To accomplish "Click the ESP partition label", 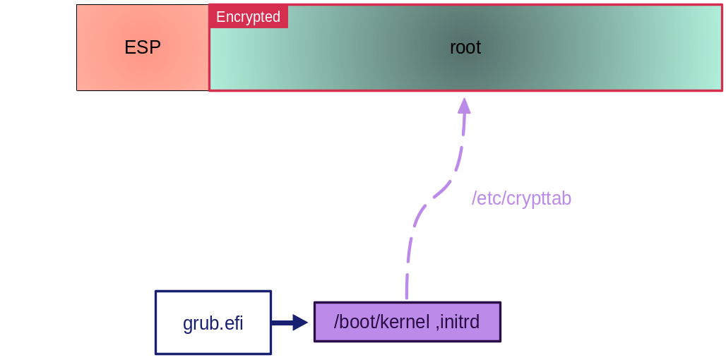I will pos(143,48).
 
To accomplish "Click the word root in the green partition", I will pos(465,48).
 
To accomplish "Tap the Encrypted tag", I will pos(248,17).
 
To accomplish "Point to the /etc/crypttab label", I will pos(521,199).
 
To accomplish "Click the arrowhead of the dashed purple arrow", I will pos(464,106).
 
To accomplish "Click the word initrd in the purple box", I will pos(460,323).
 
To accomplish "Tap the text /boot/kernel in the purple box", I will pos(381,323).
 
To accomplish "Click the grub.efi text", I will pos(213,324).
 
